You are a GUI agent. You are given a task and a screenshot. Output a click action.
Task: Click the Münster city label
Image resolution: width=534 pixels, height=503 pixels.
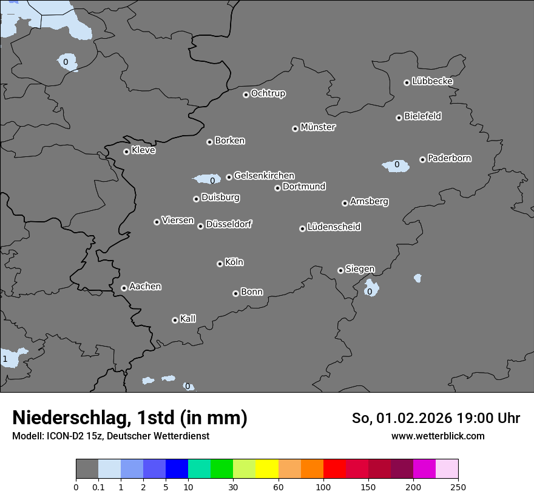318,127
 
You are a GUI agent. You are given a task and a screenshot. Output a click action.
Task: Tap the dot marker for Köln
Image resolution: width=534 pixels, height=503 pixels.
220,264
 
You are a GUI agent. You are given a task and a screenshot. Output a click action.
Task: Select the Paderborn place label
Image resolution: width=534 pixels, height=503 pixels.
450,158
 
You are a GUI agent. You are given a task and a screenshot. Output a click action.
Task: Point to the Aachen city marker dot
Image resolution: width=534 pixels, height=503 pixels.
124,288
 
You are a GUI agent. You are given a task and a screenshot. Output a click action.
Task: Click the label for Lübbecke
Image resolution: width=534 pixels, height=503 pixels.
432,81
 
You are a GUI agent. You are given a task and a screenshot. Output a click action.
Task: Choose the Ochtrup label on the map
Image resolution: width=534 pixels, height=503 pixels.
268,93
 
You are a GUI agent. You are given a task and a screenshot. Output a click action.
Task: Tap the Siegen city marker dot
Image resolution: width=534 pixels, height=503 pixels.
340,270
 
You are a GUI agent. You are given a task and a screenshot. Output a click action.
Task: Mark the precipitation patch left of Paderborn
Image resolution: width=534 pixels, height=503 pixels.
395,165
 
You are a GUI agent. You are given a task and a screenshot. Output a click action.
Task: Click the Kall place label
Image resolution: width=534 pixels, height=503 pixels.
188,319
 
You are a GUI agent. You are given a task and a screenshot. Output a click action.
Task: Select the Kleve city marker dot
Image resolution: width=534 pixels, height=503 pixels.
126,152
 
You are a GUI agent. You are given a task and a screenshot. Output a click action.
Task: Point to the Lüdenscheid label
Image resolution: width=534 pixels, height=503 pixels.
334,227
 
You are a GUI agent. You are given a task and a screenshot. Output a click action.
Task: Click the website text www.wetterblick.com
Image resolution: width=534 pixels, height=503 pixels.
438,436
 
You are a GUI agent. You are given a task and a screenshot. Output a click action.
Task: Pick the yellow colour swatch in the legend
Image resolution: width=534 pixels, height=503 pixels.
267,469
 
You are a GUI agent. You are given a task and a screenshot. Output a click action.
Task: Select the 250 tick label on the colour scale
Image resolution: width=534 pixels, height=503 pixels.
458,487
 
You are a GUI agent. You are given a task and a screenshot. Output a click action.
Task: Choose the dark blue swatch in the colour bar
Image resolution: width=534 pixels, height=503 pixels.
177,469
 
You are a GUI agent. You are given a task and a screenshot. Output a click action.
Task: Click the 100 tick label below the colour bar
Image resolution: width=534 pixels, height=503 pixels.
323,487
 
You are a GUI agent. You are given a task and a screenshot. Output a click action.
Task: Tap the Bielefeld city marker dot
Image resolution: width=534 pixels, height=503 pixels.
399,118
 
